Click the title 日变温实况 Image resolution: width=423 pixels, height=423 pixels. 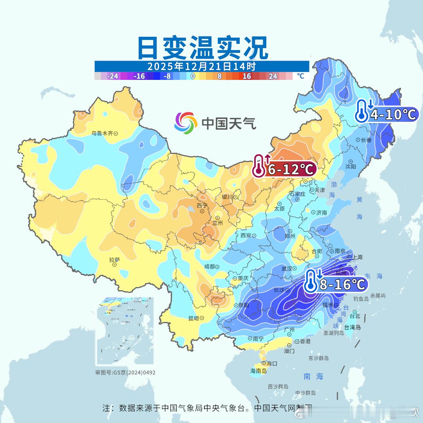pyautogui.click(x=202, y=48)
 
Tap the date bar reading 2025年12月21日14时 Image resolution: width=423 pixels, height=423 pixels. pyautogui.click(x=202, y=66)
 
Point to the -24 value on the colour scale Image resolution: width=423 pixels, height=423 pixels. pyautogui.click(x=113, y=76)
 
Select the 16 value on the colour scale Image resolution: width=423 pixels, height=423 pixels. pyautogui.click(x=246, y=76)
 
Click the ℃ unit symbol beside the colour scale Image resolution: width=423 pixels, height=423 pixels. pyautogui.click(x=300, y=76)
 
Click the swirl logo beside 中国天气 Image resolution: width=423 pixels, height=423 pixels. pyautogui.click(x=186, y=123)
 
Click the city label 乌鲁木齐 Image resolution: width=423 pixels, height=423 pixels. pyautogui.click(x=102, y=133)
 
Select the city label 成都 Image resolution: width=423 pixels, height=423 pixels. pyautogui.click(x=210, y=266)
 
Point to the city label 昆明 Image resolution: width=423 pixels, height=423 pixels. pyautogui.click(x=193, y=318)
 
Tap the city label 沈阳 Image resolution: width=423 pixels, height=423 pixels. pyautogui.click(x=351, y=166)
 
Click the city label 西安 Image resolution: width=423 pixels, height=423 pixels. pyautogui.click(x=246, y=235)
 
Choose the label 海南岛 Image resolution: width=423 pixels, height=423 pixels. pyautogui.click(x=258, y=371)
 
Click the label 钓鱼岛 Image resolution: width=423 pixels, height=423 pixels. pyautogui.click(x=361, y=298)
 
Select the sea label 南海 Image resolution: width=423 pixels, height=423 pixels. pyautogui.click(x=313, y=376)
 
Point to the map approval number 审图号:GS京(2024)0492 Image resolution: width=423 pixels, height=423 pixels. pyautogui.click(x=125, y=372)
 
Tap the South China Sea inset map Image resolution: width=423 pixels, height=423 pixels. pyautogui.click(x=125, y=331)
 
